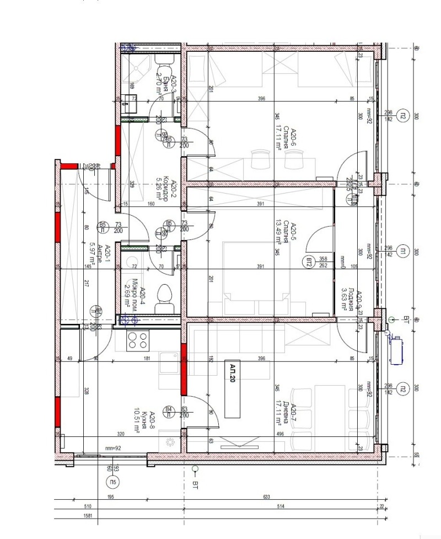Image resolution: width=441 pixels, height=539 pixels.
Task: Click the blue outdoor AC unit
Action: click(x=396, y=349)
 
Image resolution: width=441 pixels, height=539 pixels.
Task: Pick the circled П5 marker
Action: click(x=113, y=483)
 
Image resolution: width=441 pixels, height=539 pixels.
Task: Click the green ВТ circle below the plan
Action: click(x=194, y=469)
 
